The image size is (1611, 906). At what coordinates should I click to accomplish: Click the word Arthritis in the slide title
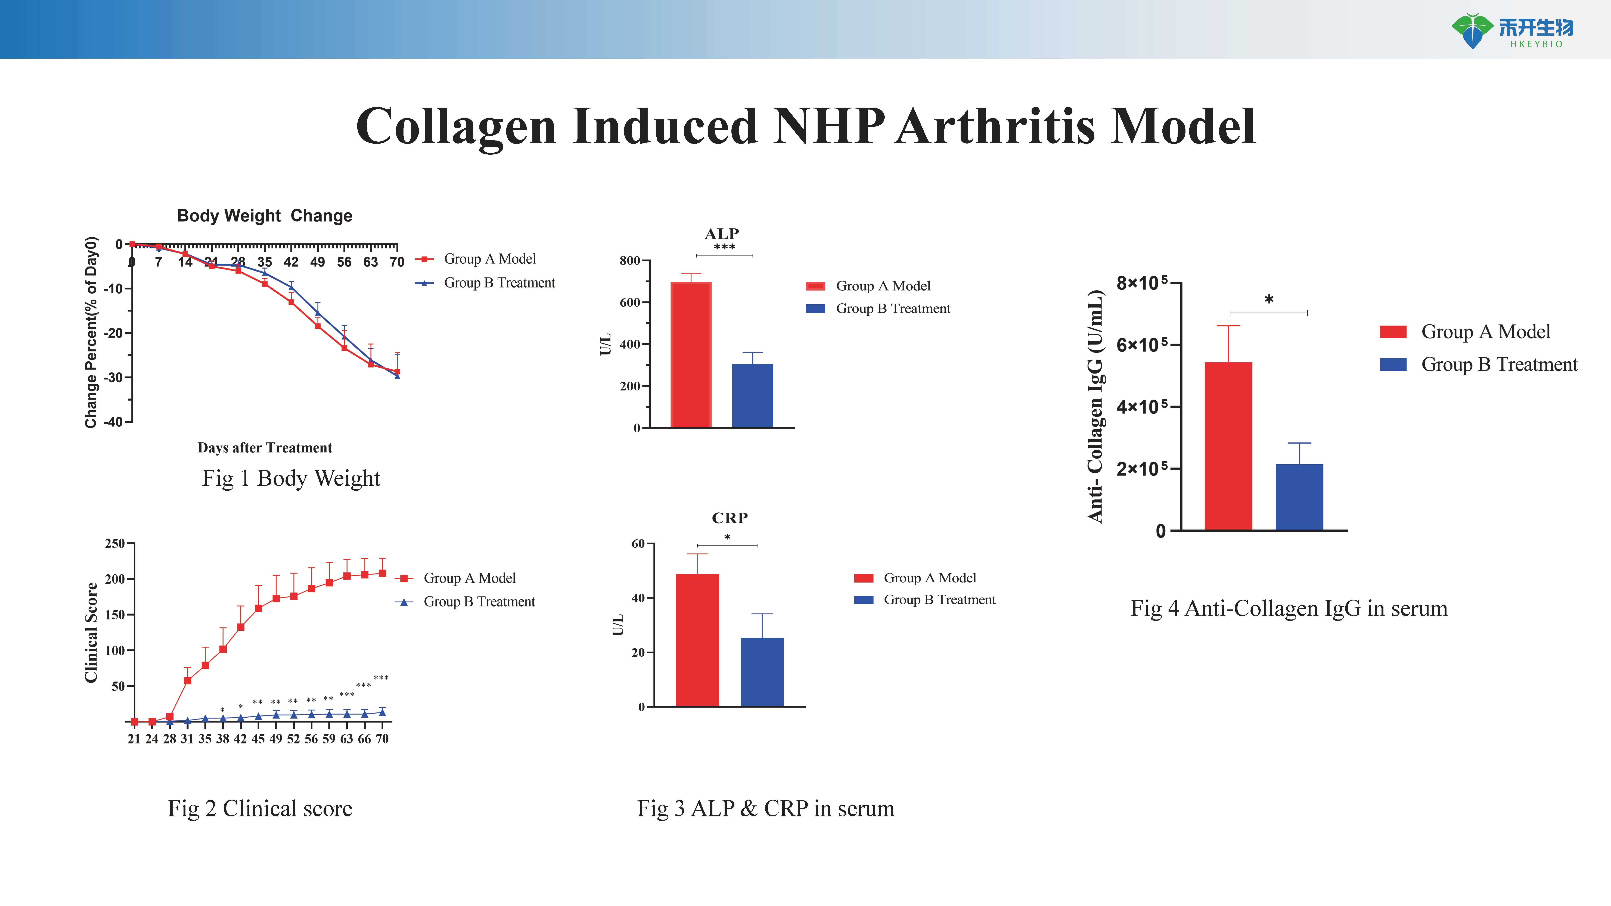pos(995,126)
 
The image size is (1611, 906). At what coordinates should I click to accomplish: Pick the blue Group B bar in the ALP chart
pos(752,396)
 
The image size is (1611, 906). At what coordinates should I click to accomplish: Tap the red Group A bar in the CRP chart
pos(697,640)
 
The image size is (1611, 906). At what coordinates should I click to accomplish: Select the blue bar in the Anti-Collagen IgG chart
pos(1300,497)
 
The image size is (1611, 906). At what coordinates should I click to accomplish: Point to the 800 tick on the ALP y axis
pos(630,261)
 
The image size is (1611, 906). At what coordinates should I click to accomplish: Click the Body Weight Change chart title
pos(265,216)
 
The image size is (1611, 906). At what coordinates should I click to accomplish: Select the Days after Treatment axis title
pos(265,448)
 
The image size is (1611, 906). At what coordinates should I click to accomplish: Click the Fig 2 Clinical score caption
pos(260,808)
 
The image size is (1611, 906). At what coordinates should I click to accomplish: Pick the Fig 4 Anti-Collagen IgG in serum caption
pos(1289,608)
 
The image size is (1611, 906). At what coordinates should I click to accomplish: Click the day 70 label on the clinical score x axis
pos(382,739)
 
